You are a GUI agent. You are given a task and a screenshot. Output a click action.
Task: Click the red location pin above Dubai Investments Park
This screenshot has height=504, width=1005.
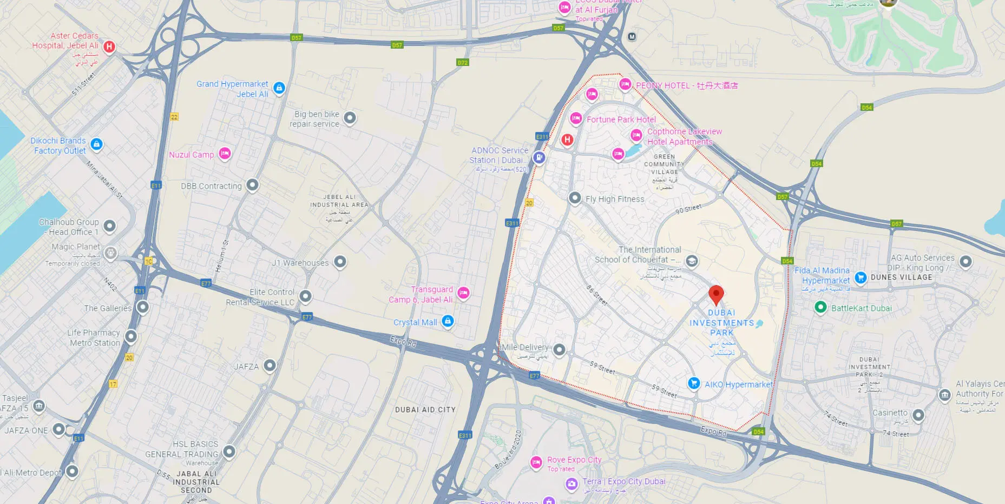click(716, 295)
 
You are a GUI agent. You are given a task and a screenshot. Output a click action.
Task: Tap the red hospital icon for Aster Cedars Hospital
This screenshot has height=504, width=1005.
click(109, 47)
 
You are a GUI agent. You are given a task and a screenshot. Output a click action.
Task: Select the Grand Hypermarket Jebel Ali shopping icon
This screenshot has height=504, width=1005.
click(279, 88)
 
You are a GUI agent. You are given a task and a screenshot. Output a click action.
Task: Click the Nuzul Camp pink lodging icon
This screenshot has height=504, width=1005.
click(225, 154)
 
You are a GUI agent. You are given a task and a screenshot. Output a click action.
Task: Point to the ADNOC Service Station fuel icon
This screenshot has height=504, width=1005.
click(538, 157)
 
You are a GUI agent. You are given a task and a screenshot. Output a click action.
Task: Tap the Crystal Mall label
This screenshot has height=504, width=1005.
click(415, 322)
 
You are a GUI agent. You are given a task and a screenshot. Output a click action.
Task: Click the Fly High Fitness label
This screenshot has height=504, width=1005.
click(615, 199)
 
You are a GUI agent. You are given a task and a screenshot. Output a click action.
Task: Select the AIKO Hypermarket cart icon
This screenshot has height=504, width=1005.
click(694, 383)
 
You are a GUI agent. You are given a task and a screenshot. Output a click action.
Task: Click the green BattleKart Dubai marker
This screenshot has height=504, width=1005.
click(820, 307)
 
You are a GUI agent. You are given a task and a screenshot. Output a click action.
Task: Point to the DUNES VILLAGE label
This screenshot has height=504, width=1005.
click(901, 277)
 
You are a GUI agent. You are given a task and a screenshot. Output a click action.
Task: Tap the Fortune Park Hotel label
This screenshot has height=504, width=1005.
click(621, 120)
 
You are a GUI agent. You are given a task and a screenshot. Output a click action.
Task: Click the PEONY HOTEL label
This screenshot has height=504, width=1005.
click(686, 85)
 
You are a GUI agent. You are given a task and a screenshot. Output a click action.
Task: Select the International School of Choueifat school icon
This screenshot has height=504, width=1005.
click(691, 261)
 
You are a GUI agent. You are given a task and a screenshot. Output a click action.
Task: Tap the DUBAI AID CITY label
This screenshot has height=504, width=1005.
click(425, 410)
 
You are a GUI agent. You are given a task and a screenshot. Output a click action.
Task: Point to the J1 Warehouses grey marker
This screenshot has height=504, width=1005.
click(340, 262)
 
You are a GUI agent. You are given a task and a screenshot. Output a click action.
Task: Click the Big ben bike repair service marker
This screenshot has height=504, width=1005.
click(350, 118)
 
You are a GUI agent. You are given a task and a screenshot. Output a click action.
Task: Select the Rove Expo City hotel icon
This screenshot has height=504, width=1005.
click(536, 462)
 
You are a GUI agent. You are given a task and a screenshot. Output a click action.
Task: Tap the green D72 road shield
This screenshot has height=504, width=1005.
click(462, 63)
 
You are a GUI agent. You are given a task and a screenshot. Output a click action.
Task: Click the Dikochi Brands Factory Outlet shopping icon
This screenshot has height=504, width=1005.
click(96, 144)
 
